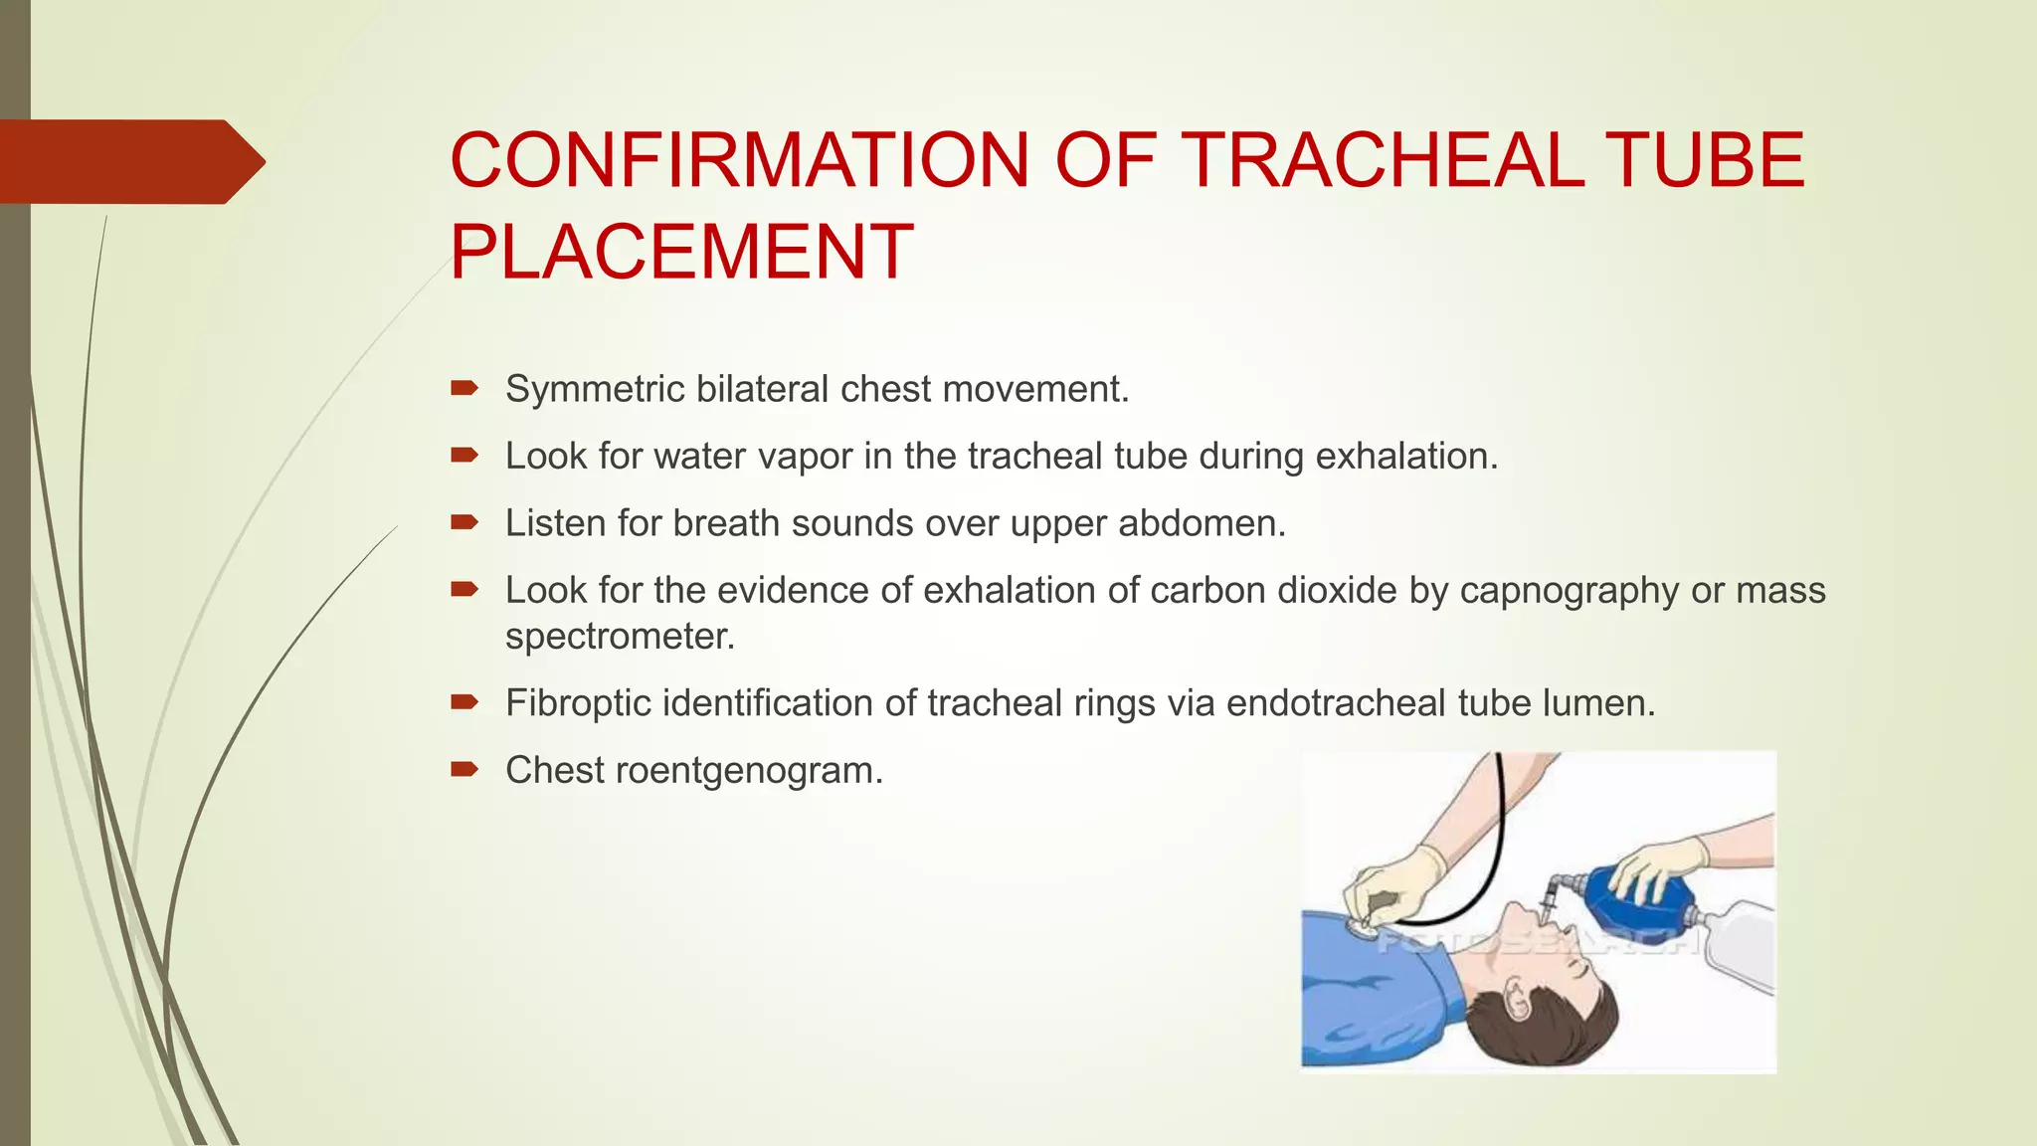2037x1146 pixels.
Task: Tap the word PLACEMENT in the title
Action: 681,252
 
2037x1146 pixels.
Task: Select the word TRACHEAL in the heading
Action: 1382,160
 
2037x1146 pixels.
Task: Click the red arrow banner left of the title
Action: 129,161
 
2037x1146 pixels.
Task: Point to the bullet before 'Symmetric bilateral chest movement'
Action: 464,388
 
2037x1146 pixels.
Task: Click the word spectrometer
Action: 619,637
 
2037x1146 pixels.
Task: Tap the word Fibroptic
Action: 577,703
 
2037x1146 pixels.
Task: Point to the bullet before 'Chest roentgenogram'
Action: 464,769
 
